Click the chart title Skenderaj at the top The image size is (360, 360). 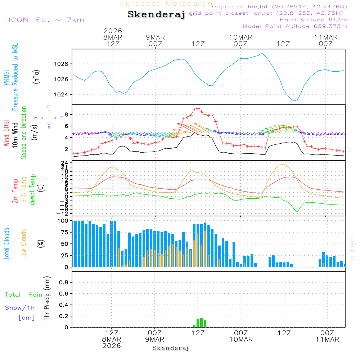(x=156, y=15)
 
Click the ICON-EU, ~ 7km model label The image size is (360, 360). (x=46, y=20)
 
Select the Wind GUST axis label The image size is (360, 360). (x=6, y=134)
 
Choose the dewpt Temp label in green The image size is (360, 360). (x=33, y=190)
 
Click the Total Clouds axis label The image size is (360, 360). (x=6, y=244)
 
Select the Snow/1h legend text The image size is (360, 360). (x=20, y=308)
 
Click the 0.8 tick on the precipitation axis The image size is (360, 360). (x=63, y=282)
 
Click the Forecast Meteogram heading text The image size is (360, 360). (x=168, y=4)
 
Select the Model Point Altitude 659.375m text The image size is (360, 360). (x=294, y=26)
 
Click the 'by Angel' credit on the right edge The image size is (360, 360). (x=352, y=249)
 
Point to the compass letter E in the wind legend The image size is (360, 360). (x=62, y=118)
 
